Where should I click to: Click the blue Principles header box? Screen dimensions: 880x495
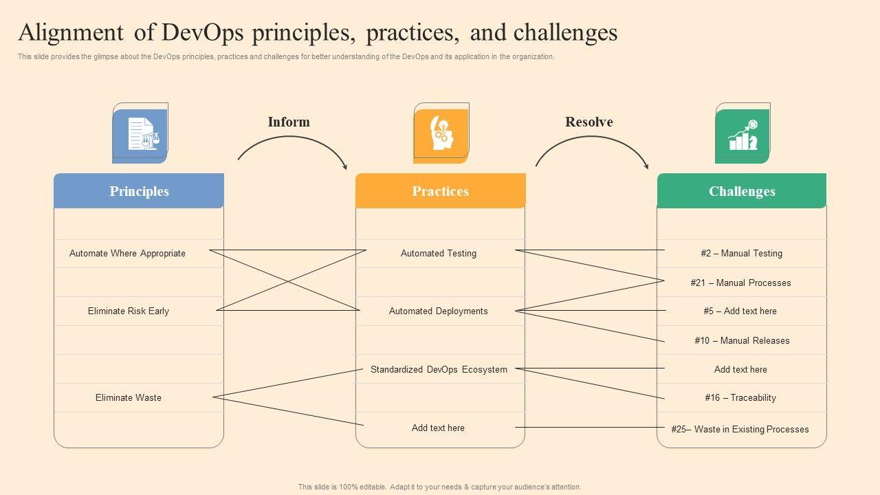[x=139, y=191]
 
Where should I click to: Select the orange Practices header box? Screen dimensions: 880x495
[x=440, y=191]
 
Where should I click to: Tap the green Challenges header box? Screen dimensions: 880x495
[x=742, y=191]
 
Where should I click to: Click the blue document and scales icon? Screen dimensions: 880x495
[x=140, y=135]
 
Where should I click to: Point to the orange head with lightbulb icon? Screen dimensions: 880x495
[x=441, y=135]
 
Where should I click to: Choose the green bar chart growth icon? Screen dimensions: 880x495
[x=742, y=135]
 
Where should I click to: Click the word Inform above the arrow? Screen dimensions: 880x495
[x=289, y=122]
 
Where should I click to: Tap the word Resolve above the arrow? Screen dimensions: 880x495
[x=589, y=122]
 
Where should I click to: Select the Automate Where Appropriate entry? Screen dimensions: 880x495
[x=127, y=253]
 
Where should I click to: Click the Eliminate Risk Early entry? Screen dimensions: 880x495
[x=129, y=311]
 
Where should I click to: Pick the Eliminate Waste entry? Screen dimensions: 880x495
[x=129, y=397]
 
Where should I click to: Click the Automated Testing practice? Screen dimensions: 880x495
[x=439, y=253]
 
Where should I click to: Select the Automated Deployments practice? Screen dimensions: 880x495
[x=439, y=311]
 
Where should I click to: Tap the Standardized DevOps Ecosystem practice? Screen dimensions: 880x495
[x=439, y=369]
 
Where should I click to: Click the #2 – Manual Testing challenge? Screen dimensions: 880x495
[x=741, y=253]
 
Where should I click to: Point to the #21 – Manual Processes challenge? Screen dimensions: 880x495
[x=740, y=283]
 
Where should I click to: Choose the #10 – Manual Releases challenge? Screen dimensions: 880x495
[x=742, y=340]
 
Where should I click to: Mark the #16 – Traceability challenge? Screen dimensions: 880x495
[x=740, y=397]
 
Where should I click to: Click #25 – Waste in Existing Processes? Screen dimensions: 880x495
[x=740, y=429]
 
